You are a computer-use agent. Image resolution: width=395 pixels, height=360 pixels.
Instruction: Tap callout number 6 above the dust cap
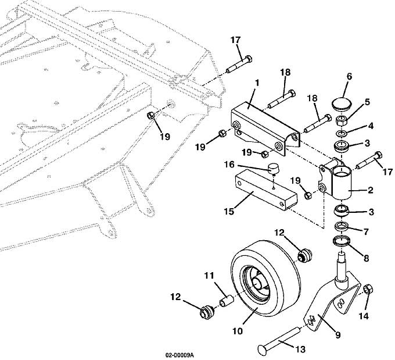(x=349, y=77)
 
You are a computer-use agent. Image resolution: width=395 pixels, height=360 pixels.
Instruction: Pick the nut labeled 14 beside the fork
(x=367, y=290)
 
